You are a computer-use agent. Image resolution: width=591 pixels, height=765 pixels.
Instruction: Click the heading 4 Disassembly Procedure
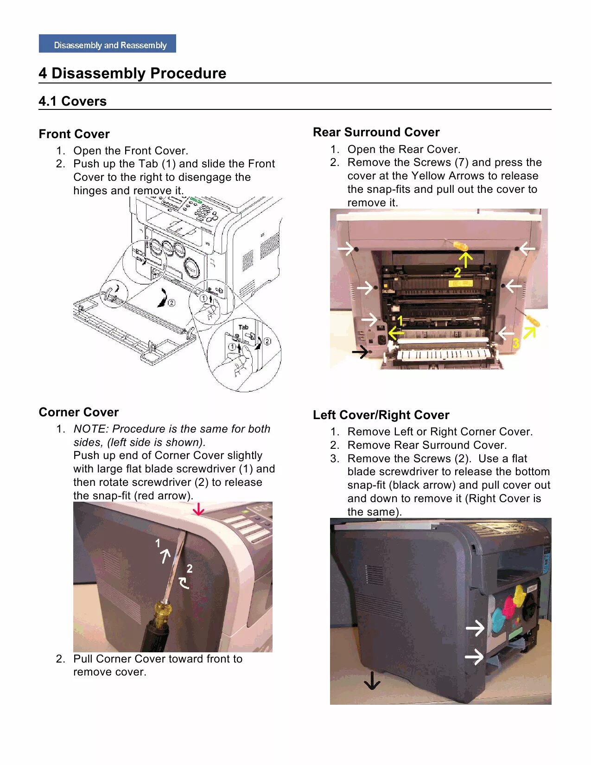[133, 73]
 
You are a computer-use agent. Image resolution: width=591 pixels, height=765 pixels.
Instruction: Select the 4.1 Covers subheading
[73, 101]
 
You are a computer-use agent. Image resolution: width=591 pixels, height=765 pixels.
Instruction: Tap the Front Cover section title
[74, 134]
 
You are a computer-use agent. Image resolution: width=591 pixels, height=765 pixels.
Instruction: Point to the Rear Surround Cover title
[376, 132]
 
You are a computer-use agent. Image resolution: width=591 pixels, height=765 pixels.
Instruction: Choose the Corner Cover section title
[79, 412]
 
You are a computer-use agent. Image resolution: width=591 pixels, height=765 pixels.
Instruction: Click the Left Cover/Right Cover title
[381, 415]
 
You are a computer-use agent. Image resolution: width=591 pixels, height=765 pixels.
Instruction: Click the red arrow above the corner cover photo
[198, 510]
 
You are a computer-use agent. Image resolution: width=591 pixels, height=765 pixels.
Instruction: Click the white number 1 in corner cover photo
[158, 543]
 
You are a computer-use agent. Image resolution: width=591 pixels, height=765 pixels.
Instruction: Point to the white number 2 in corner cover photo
[190, 568]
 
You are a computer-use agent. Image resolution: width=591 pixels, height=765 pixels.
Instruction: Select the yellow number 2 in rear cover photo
[458, 272]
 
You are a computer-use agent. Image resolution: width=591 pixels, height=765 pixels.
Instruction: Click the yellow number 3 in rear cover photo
[515, 344]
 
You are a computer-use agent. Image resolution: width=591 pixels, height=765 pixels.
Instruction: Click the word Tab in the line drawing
[243, 327]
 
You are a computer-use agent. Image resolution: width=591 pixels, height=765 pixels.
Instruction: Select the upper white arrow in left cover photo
[475, 628]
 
